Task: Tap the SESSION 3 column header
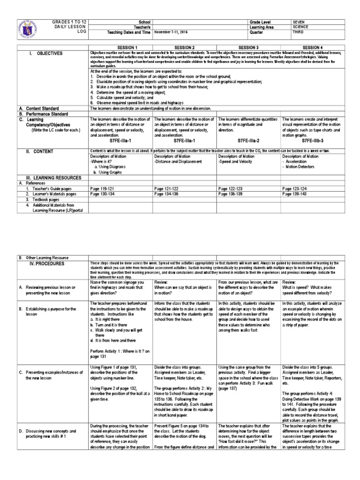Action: pyautogui.click(x=248, y=47)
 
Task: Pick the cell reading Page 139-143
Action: pyautogui.click(x=295, y=193)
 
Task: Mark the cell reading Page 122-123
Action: pyautogui.click(x=231, y=187)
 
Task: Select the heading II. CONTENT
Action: pyautogui.click(x=41, y=151)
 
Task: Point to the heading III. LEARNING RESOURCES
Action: pyautogui.click(x=52, y=178)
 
